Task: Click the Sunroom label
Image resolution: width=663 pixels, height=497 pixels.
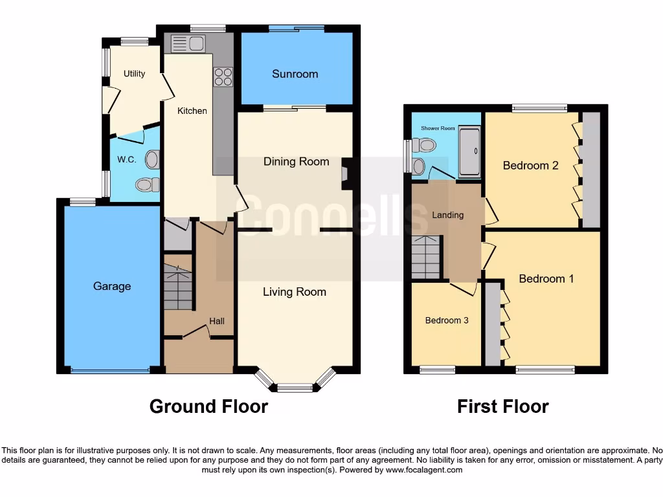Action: click(295, 74)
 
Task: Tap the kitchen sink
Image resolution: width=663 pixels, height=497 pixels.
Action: click(187, 44)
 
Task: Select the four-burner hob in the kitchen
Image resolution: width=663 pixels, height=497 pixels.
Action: click(223, 77)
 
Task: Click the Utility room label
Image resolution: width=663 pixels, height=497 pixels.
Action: click(134, 74)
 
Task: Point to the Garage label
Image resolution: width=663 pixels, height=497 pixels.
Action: click(111, 286)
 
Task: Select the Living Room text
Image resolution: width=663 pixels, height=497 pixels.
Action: click(294, 292)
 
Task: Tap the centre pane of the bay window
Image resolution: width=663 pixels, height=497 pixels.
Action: click(295, 388)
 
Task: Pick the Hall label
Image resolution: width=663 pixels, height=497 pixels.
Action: click(217, 321)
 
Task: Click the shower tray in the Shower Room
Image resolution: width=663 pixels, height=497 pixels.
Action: click(469, 152)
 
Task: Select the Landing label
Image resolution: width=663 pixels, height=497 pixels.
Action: click(448, 215)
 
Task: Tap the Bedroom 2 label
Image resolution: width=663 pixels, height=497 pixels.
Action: click(530, 166)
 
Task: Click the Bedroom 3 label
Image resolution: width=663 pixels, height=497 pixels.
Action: click(447, 320)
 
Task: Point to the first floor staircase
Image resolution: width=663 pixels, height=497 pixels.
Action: click(425, 257)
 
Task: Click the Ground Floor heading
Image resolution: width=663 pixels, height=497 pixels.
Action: click(208, 406)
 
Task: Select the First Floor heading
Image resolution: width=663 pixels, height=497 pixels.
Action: click(502, 406)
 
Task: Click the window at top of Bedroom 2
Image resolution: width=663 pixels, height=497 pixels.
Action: click(539, 108)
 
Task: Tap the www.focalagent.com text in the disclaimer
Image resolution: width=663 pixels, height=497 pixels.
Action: click(424, 470)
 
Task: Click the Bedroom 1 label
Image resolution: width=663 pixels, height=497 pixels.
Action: click(546, 279)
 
